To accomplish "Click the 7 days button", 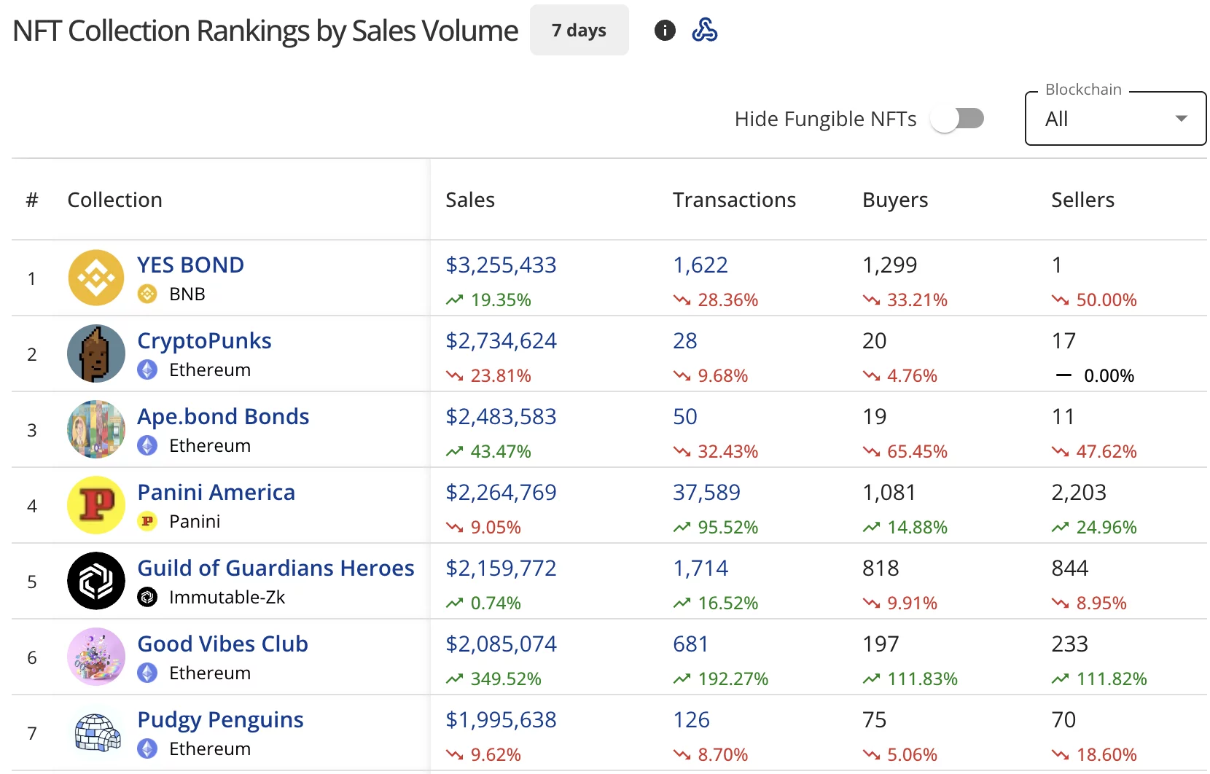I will tap(579, 31).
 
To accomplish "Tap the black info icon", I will tap(665, 31).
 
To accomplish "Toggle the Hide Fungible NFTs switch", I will tap(957, 119).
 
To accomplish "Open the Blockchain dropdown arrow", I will tap(1181, 119).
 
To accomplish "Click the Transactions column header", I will tap(734, 200).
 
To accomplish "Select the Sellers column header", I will tap(1082, 200).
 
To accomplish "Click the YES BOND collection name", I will tap(190, 265).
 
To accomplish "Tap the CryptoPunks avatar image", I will tap(96, 353).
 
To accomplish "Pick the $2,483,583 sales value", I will tap(501, 416).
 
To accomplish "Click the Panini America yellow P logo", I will tap(96, 505).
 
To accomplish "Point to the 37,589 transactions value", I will tap(706, 492).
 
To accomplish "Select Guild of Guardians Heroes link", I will tap(276, 568).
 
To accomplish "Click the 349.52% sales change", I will tap(505, 679).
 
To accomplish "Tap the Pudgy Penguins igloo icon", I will tap(96, 732).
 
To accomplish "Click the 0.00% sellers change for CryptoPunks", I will tap(1108, 375).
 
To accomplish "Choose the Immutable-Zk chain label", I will tap(227, 597).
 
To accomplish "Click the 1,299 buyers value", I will tap(889, 265).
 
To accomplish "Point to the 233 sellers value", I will tap(1069, 644).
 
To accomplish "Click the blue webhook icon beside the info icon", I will tap(704, 31).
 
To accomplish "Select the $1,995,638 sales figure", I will tap(501, 719).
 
